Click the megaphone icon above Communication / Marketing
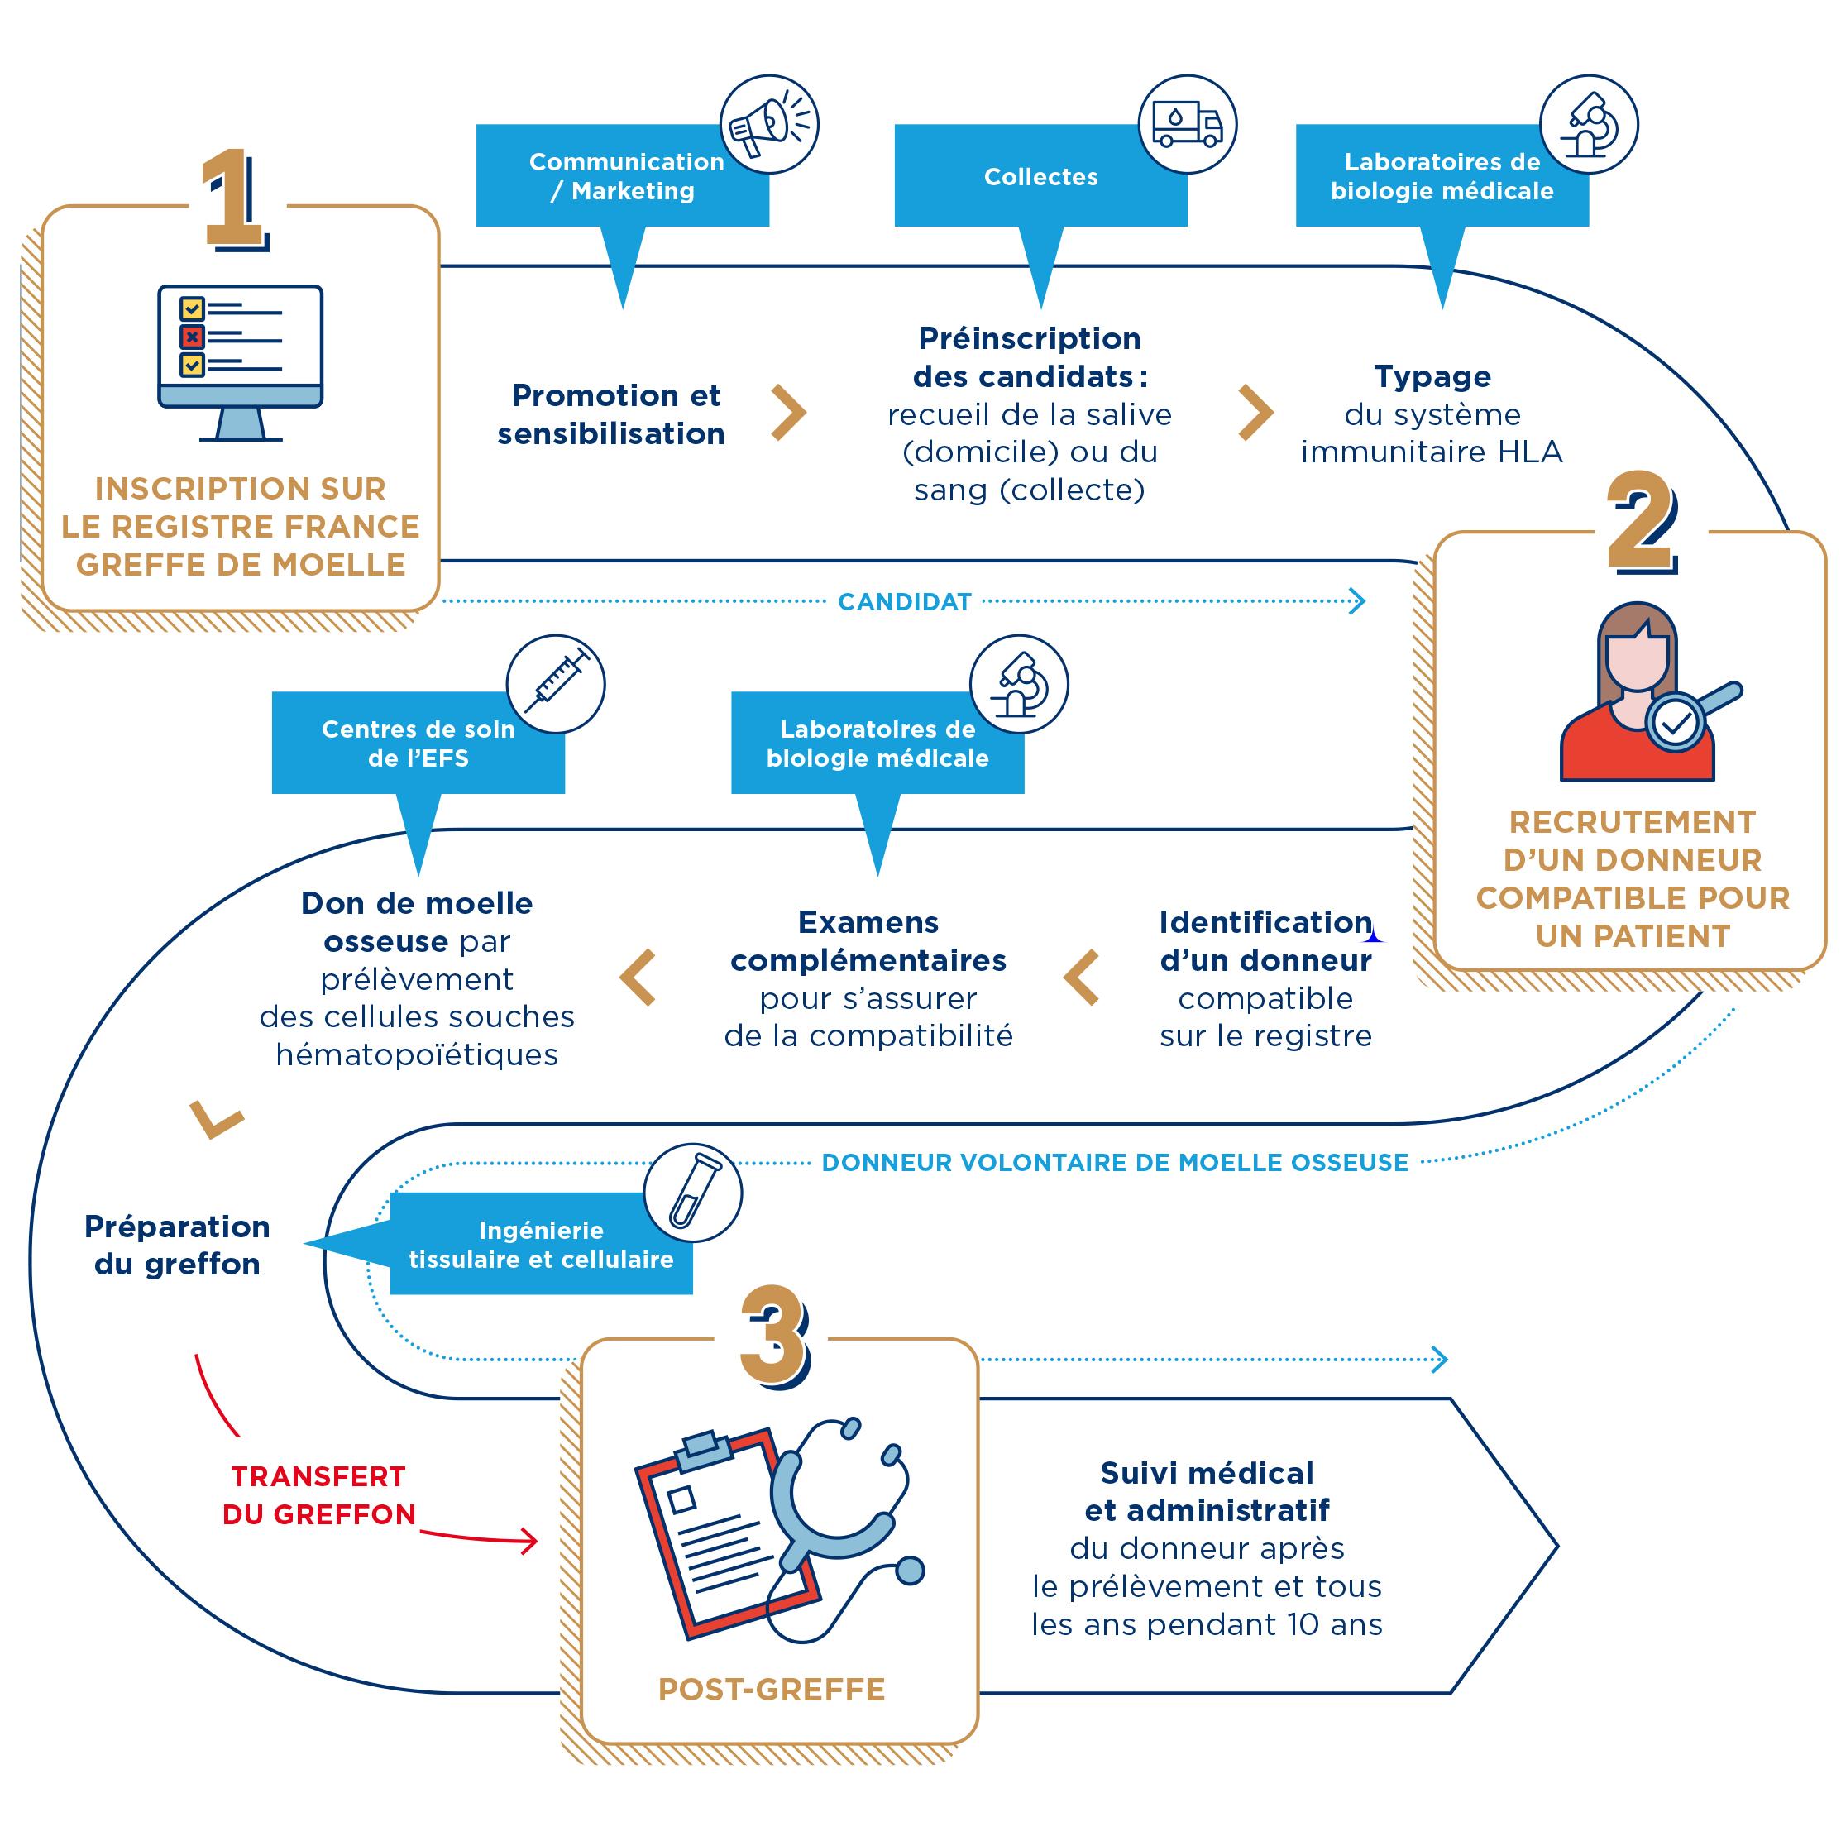click(769, 125)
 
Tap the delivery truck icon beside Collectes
click(1188, 125)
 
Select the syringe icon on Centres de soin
click(556, 684)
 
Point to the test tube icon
click(693, 1192)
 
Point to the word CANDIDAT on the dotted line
click(904, 601)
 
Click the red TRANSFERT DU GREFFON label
click(318, 1495)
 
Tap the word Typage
click(1432, 376)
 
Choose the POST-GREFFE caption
click(771, 1690)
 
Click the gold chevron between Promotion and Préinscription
click(788, 413)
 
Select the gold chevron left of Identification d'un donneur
click(1083, 977)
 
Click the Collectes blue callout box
click(1040, 176)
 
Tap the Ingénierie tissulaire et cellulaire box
click(540, 1244)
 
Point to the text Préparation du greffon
click(177, 1245)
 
